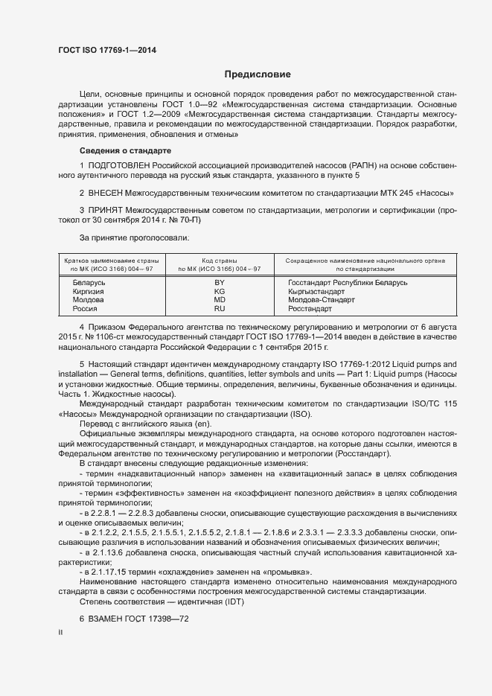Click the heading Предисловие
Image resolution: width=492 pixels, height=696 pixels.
click(x=258, y=74)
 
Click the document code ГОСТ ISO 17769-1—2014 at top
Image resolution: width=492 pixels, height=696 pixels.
click(x=108, y=50)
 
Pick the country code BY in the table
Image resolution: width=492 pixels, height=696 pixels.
click(x=220, y=284)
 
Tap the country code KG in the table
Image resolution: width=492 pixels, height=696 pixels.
click(x=220, y=292)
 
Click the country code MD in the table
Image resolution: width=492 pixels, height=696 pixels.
click(x=220, y=300)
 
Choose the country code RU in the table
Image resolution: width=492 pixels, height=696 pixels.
click(x=220, y=308)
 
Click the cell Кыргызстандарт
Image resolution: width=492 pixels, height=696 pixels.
click(x=322, y=292)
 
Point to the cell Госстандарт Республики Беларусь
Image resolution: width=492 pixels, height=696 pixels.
click(x=348, y=284)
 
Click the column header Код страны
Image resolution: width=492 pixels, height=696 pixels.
click(x=220, y=260)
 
